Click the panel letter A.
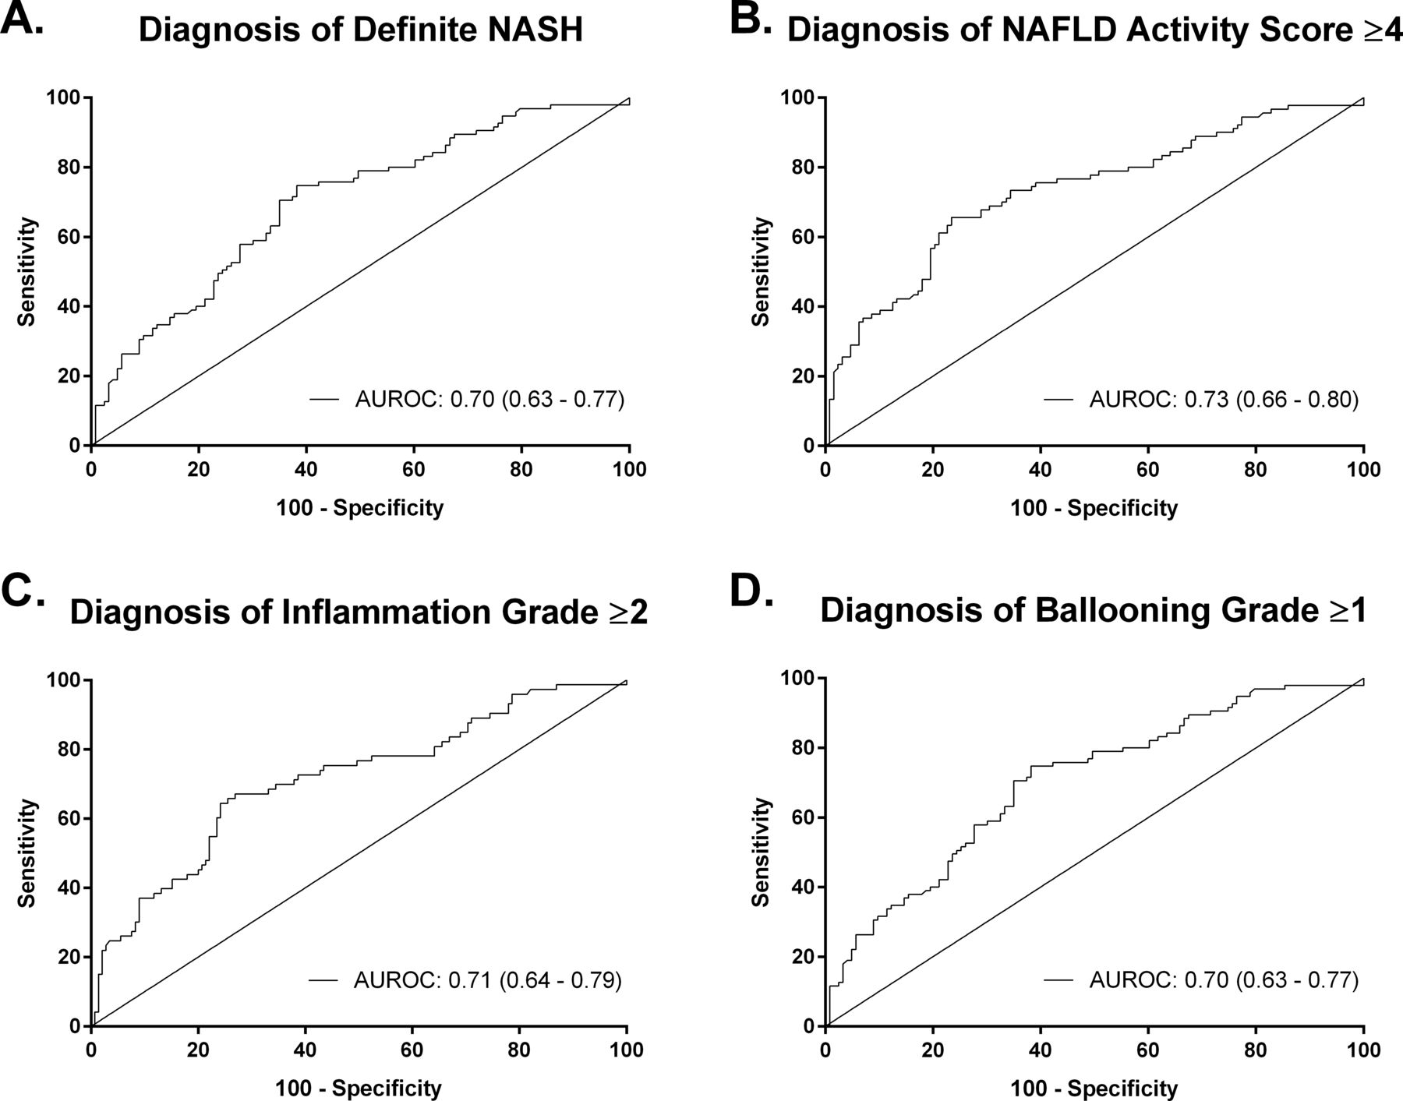tap(22, 17)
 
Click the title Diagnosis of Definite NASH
tap(361, 30)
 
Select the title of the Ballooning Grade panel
tap(1094, 611)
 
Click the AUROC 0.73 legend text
tap(1224, 400)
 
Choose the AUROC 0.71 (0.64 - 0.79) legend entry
tap(488, 979)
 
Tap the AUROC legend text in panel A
tap(490, 400)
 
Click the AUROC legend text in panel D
tap(1224, 979)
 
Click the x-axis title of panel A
tap(360, 508)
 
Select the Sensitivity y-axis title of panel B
tap(762, 272)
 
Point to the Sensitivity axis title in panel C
tap(27, 853)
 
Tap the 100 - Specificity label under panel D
tap(1094, 1088)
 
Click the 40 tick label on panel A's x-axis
tap(307, 470)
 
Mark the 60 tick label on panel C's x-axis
tap(412, 1050)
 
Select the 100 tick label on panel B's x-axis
tap(1364, 470)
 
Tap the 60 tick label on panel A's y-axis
tap(69, 237)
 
